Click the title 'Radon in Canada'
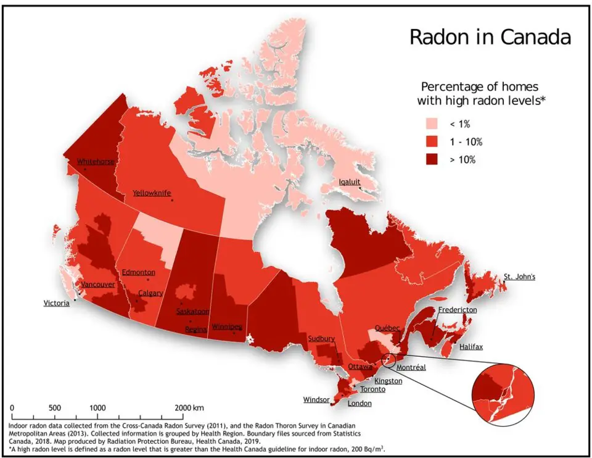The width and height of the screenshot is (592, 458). click(490, 37)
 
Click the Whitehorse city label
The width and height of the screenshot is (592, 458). click(96, 162)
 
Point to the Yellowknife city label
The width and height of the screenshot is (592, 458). click(152, 193)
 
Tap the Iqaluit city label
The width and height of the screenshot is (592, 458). click(350, 181)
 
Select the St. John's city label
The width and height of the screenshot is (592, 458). click(519, 277)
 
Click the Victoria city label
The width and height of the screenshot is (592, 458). click(57, 303)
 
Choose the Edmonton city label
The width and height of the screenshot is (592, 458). click(138, 272)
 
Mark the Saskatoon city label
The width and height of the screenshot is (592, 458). click(192, 311)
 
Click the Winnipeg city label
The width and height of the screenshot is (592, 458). click(227, 326)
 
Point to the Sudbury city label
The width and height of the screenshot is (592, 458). click(321, 338)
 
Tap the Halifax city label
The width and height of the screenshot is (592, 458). click(471, 347)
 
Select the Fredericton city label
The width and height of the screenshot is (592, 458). click(457, 310)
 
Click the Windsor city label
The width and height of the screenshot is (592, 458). click(316, 400)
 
